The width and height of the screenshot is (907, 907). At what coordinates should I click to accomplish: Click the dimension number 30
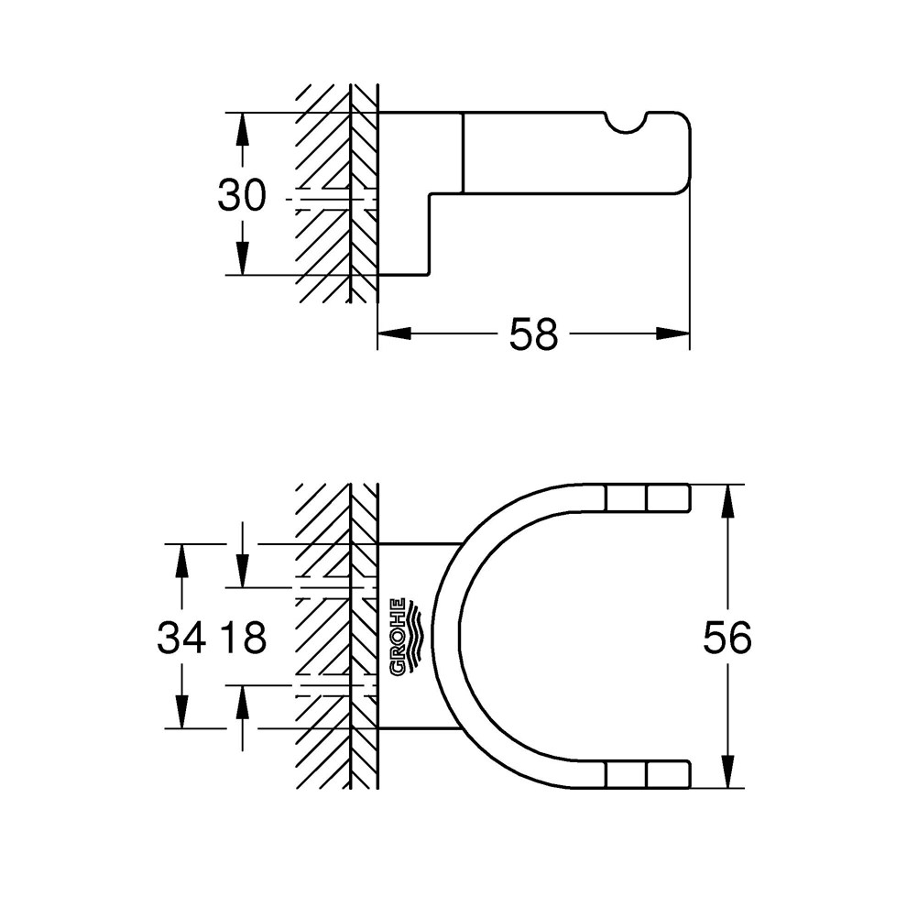coord(242,195)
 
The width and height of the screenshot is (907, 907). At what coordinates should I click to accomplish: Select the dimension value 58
coord(533,334)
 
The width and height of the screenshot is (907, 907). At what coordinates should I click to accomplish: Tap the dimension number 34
coord(180,638)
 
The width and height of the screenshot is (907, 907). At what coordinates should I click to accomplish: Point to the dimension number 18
coord(242,638)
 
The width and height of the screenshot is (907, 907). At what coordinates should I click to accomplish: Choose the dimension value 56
coord(727,638)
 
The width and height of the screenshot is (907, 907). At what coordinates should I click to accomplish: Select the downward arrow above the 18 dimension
coord(242,572)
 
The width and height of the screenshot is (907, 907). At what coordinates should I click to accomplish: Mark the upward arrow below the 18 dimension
coord(242,702)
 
